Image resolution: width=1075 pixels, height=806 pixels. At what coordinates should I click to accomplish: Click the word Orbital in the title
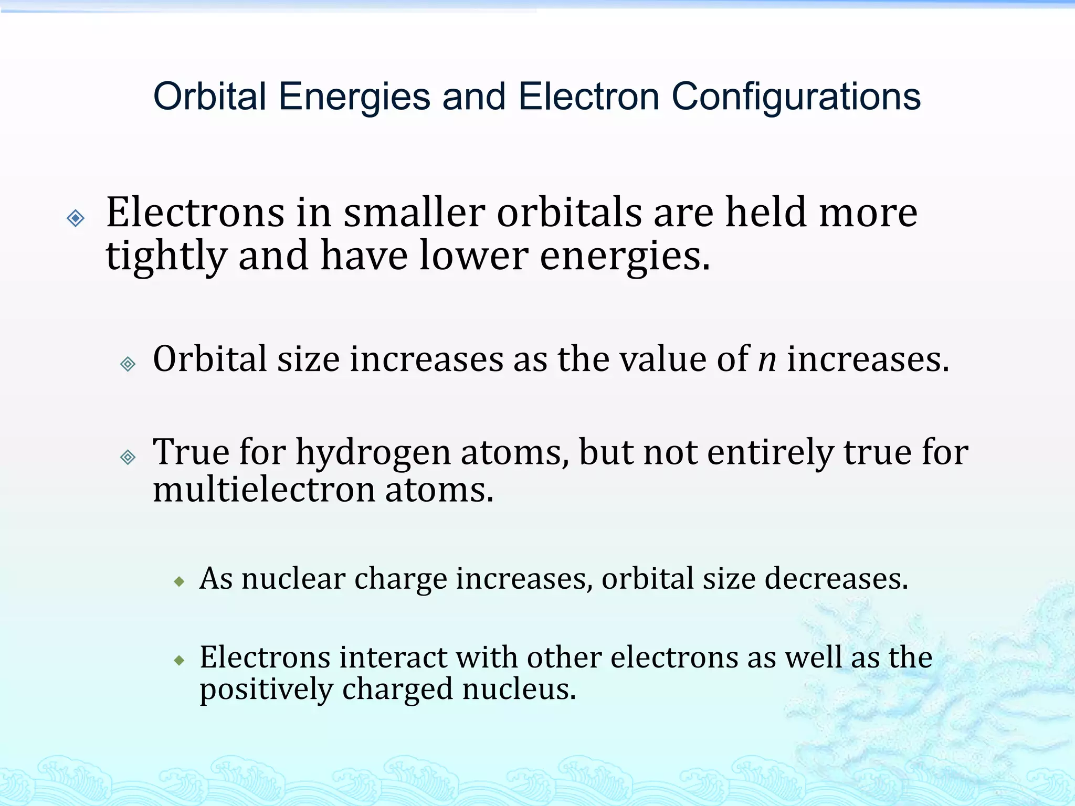click(209, 97)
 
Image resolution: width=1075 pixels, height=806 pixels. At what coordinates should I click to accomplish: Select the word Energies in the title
click(354, 97)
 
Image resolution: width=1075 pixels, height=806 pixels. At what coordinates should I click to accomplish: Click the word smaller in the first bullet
click(414, 213)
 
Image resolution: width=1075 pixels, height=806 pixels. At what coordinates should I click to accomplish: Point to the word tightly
click(166, 256)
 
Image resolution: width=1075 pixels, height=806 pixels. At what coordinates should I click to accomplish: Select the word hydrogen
click(373, 452)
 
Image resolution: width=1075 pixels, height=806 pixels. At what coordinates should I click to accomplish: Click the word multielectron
click(264, 490)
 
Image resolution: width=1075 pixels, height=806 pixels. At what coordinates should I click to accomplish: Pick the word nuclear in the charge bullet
click(293, 579)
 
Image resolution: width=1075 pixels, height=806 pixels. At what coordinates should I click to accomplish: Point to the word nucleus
click(519, 689)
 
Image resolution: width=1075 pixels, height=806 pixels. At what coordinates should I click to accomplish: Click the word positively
click(266, 689)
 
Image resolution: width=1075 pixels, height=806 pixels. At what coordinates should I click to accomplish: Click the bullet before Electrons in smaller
click(76, 218)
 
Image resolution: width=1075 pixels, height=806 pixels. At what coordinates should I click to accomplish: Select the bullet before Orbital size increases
click(128, 364)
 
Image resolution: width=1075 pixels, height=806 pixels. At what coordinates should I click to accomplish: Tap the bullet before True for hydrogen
click(128, 457)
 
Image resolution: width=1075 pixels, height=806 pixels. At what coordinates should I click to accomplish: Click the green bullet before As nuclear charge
click(180, 581)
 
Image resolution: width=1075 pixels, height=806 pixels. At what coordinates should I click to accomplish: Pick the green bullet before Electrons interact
click(180, 660)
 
